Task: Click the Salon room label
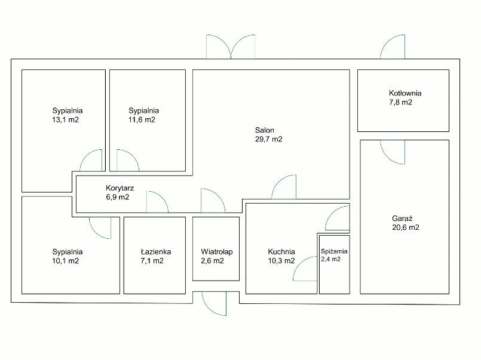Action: click(265, 130)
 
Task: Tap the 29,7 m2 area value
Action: click(269, 139)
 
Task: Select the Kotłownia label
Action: click(405, 93)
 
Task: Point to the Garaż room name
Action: click(402, 219)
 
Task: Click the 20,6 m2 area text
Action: click(406, 227)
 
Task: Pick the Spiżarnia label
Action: click(334, 251)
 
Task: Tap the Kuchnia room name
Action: click(281, 252)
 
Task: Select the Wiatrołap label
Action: click(216, 252)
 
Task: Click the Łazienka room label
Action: click(156, 252)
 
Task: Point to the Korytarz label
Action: click(120, 188)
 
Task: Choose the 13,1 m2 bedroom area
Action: click(65, 120)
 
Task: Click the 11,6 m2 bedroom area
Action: click(142, 120)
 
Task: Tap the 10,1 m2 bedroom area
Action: click(65, 261)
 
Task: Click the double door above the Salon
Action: click(231, 46)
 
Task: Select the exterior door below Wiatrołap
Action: click(214, 303)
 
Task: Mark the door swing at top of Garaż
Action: click(393, 152)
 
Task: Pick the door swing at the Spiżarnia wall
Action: click(305, 269)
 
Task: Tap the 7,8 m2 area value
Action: click(400, 102)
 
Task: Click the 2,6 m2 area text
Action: click(212, 261)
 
